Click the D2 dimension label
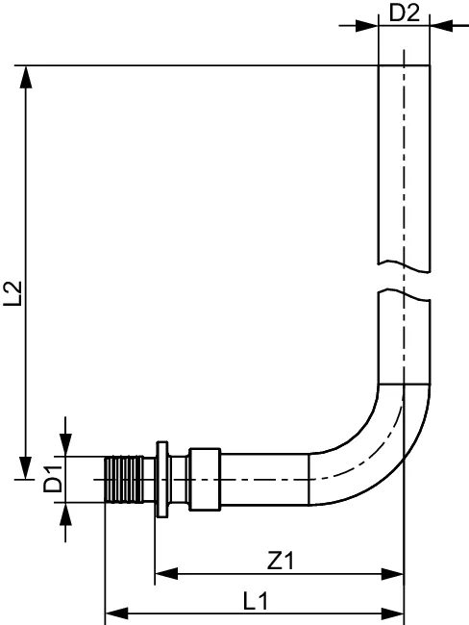click(404, 12)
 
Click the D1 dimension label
click(55, 477)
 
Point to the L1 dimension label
click(255, 600)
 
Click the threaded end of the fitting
click(122, 478)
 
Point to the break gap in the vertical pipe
click(404, 278)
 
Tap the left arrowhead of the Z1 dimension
click(163, 575)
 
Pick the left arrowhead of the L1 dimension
click(113, 612)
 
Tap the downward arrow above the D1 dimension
click(65, 444)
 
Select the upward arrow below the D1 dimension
click(65, 512)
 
